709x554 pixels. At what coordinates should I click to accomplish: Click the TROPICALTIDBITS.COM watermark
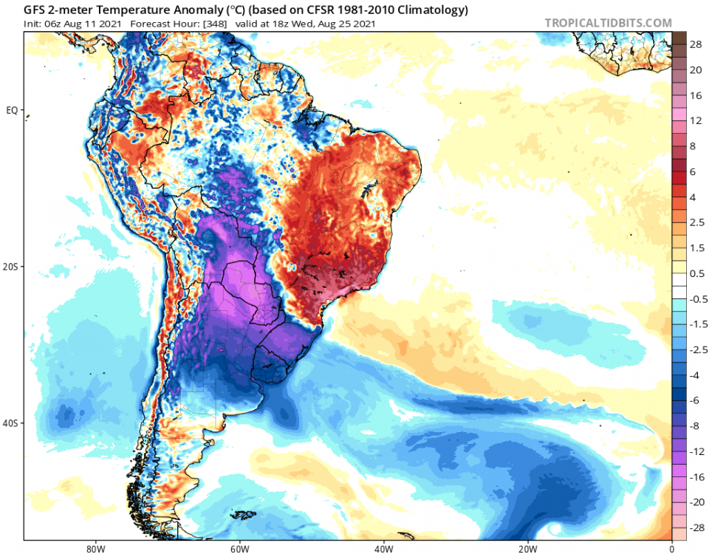coord(608,23)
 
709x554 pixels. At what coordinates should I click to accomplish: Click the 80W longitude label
coord(93,548)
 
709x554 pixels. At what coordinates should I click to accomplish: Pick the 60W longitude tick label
coord(238,548)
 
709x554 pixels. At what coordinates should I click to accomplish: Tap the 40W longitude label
coord(383,548)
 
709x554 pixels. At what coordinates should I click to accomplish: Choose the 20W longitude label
coord(527,548)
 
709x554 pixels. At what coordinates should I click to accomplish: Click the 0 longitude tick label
coord(671,548)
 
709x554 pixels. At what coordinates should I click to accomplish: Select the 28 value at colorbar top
coord(695,44)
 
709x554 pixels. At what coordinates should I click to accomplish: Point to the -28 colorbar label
coord(695,529)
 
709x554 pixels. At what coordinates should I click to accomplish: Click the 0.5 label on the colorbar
coord(696,273)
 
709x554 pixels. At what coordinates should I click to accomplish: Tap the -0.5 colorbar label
coord(696,299)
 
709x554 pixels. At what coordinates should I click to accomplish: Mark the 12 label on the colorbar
coord(695,120)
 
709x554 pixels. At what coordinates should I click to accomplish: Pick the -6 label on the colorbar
coord(695,400)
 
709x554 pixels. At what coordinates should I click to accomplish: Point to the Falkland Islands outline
coord(242,515)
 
